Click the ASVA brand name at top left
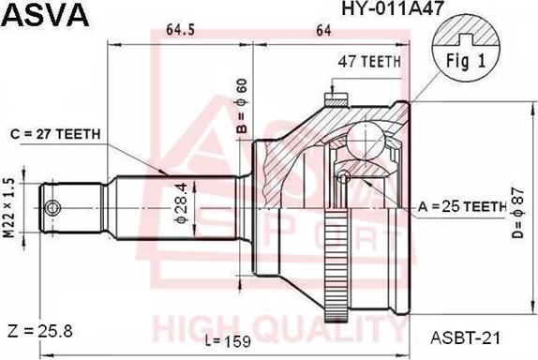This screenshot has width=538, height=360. [46, 15]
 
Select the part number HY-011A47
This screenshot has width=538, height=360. [393, 7]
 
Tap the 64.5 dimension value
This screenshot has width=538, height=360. [181, 30]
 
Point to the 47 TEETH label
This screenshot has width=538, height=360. [369, 62]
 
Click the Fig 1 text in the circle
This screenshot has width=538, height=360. [466, 61]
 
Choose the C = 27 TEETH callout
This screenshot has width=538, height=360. [55, 134]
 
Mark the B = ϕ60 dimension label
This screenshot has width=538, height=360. [242, 106]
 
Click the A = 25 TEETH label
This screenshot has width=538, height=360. [462, 206]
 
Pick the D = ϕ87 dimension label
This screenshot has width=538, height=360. [517, 213]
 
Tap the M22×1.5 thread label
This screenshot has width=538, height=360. [9, 208]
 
